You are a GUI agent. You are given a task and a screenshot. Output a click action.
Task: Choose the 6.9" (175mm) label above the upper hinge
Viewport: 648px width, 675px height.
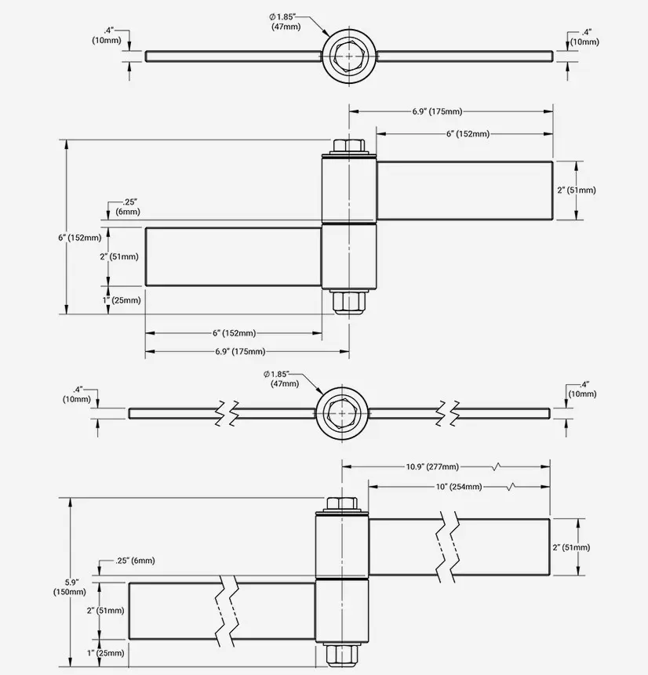coord(437,112)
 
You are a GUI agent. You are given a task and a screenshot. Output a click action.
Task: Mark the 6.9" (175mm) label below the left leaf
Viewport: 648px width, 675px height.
coord(240,351)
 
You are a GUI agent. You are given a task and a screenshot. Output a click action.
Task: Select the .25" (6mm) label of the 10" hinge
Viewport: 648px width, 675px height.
coord(135,561)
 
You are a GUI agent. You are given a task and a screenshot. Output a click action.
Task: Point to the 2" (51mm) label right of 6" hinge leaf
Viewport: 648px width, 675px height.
coord(599,190)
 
